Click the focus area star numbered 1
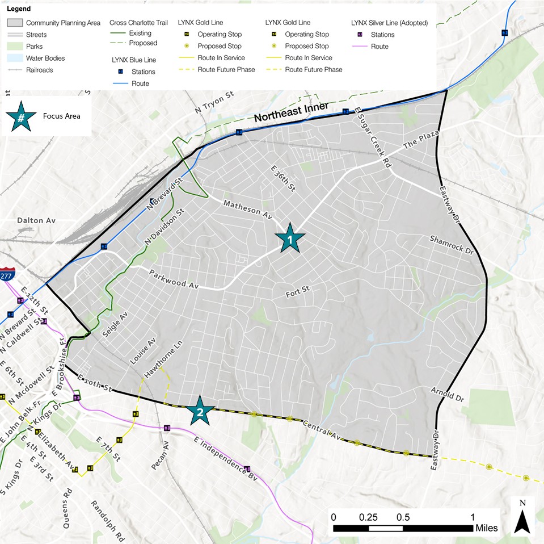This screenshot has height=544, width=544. [x=290, y=240]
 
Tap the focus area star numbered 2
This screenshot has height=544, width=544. [x=199, y=411]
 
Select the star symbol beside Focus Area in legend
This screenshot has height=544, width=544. [x=21, y=117]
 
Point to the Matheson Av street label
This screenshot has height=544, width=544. [x=248, y=210]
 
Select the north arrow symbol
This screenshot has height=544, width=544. [x=522, y=517]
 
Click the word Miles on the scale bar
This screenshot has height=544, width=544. [x=486, y=528]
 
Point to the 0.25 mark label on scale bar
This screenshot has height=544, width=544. [x=368, y=517]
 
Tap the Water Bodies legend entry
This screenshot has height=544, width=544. [x=45, y=58]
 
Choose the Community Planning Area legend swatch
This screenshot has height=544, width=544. [x=15, y=23]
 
